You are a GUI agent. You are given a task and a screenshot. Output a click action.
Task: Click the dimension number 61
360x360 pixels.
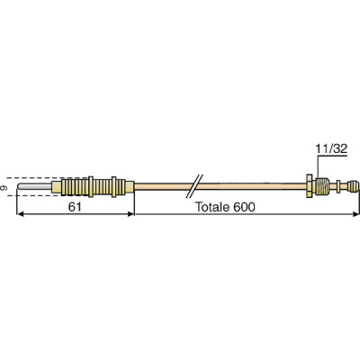tap(76, 206)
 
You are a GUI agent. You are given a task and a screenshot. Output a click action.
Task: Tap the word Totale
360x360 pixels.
tap(215, 206)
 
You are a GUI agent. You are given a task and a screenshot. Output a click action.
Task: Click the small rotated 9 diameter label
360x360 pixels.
tap(5, 189)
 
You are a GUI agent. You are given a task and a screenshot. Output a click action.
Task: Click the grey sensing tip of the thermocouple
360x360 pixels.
tap(36, 189)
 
